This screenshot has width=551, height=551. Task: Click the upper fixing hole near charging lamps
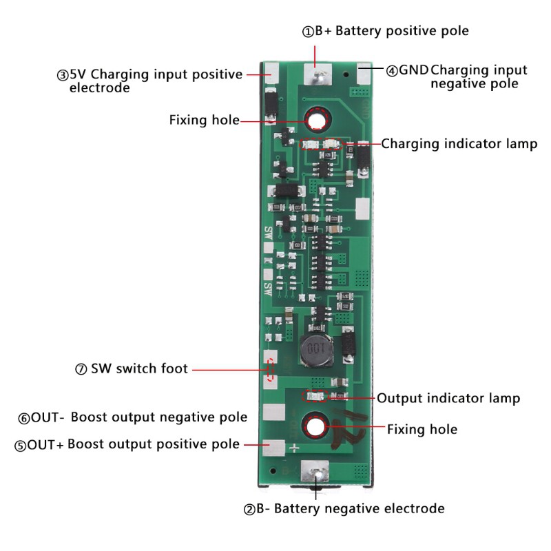tap(317, 121)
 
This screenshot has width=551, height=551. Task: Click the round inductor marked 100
tap(316, 352)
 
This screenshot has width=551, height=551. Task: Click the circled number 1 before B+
tap(308, 32)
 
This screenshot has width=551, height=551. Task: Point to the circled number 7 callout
tap(80, 369)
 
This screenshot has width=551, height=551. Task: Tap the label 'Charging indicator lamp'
tap(459, 144)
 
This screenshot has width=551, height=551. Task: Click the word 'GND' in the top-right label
tap(415, 70)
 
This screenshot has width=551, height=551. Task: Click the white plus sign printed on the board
tap(294, 449)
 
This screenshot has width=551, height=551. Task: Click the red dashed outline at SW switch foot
tap(272, 369)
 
